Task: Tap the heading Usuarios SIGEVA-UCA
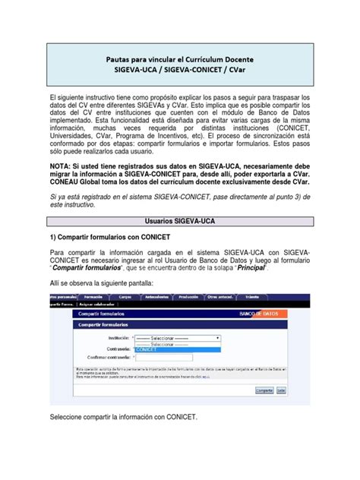(179, 219)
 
